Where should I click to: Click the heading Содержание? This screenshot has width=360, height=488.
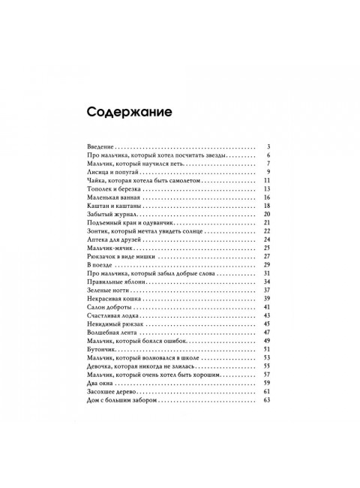coord(129,113)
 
